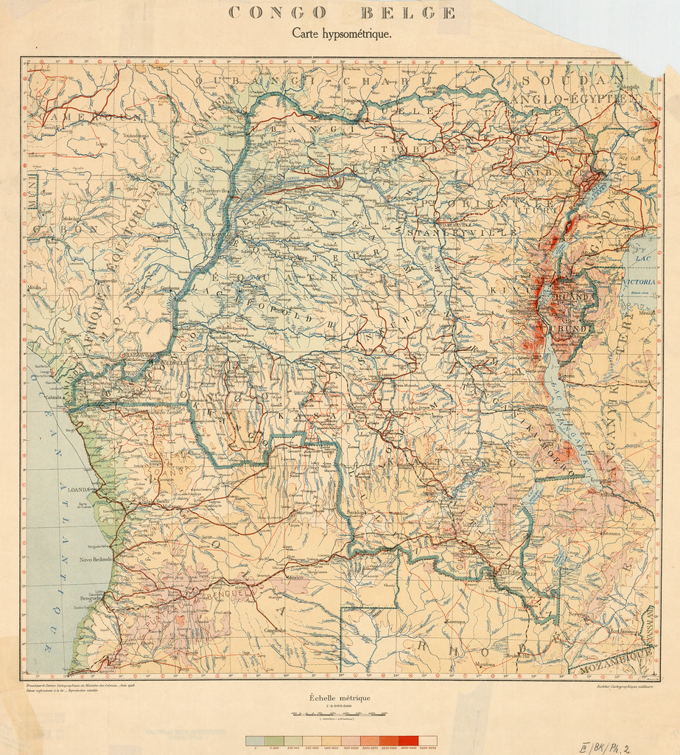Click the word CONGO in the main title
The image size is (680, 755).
tap(278, 13)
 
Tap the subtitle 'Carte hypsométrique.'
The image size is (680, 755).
tap(341, 33)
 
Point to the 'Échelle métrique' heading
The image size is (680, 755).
tap(340, 697)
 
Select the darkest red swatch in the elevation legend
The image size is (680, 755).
tap(407, 740)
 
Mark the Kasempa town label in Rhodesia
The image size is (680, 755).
tap(454, 622)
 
